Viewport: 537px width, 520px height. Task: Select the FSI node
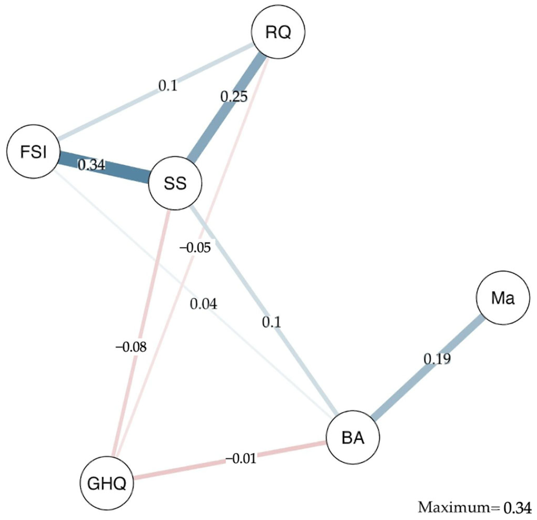tap(34, 152)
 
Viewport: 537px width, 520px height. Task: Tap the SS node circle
tap(175, 183)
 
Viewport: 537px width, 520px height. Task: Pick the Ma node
tap(503, 298)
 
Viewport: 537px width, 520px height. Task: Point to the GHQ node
tap(107, 483)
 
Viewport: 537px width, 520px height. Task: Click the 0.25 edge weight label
tap(234, 97)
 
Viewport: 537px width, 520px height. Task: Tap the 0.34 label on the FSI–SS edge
tap(91, 165)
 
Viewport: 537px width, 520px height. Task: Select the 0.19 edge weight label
tap(437, 359)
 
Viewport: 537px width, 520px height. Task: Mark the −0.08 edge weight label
tap(131, 347)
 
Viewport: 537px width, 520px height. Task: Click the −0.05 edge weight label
tap(195, 247)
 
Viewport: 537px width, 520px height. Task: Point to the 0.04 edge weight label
tap(203, 304)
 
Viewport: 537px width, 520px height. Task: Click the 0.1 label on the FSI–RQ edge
tap(167, 86)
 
